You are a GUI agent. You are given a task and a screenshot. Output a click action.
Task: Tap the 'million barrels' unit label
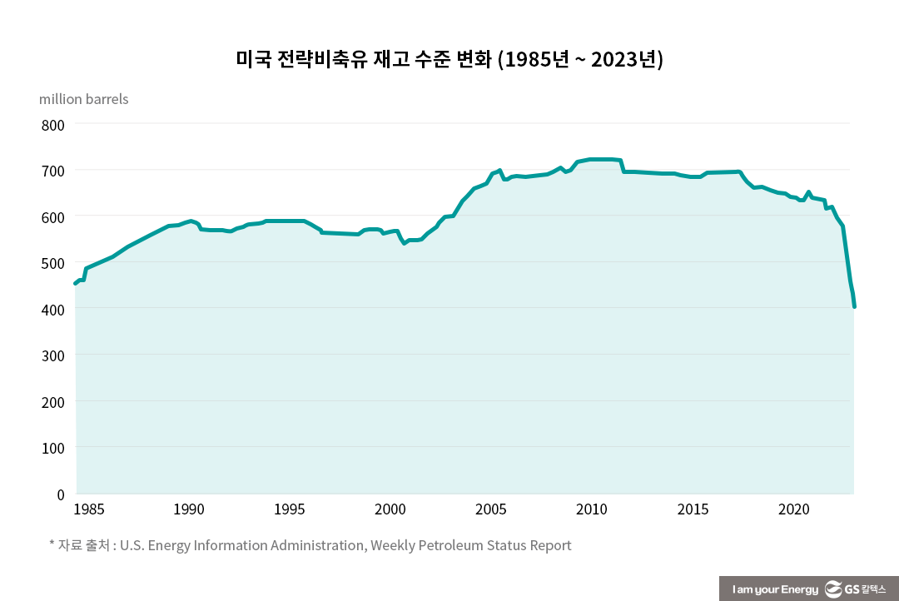pyautogui.click(x=84, y=99)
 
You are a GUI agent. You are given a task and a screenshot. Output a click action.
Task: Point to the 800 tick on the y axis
pyautogui.click(x=52, y=125)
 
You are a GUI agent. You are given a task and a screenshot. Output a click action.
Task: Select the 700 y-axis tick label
pyautogui.click(x=52, y=171)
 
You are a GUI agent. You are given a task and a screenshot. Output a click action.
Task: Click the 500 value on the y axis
pyautogui.click(x=52, y=263)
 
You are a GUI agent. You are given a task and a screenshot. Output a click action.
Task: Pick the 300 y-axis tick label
pyautogui.click(x=52, y=355)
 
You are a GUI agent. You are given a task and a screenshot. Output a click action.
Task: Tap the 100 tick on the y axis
pyautogui.click(x=52, y=448)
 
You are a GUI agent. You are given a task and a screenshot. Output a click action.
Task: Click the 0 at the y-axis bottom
pyautogui.click(x=60, y=494)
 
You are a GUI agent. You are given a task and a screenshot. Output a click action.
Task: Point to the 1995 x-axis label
pyautogui.click(x=290, y=509)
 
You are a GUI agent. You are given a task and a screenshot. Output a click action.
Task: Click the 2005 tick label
pyautogui.click(x=491, y=509)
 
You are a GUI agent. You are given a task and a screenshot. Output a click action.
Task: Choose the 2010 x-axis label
pyautogui.click(x=592, y=509)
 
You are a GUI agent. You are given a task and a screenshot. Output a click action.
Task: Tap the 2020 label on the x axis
pyautogui.click(x=793, y=509)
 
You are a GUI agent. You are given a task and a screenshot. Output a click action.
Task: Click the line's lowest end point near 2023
pyautogui.click(x=854, y=306)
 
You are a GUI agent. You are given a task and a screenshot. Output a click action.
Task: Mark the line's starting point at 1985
pyautogui.click(x=76, y=284)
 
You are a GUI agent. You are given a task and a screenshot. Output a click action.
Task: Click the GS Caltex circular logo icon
pyautogui.click(x=833, y=589)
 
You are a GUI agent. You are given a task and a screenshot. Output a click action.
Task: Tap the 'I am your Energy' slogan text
pyautogui.click(x=775, y=589)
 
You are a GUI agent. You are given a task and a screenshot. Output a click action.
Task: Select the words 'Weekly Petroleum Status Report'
pyautogui.click(x=471, y=546)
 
